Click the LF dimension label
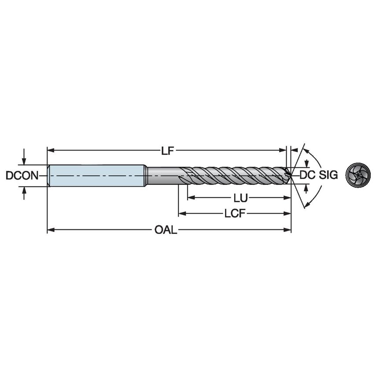point(166,151)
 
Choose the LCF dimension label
point(234,214)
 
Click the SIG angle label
point(328,175)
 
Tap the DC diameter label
point(306,175)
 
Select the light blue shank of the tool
point(97,175)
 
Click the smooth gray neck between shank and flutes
point(163,175)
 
